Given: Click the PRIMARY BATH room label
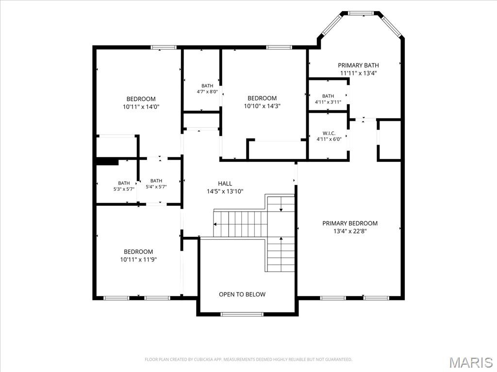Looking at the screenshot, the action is [x=358, y=65].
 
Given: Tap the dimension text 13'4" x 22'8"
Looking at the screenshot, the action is [x=350, y=231].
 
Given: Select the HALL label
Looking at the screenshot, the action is [x=225, y=184].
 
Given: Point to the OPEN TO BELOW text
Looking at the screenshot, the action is [x=242, y=294].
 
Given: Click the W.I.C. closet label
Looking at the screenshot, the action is [x=329, y=134].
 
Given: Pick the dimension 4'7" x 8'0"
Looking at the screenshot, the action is [x=207, y=92].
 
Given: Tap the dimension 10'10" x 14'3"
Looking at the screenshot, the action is [x=262, y=106].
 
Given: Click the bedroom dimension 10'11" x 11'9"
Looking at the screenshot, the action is [x=138, y=260].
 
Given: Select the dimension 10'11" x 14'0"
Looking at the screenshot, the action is [x=141, y=107].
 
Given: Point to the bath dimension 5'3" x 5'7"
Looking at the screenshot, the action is [x=124, y=189].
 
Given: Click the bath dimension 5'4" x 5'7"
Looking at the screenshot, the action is [x=156, y=186].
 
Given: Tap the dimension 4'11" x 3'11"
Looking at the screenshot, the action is [x=328, y=102].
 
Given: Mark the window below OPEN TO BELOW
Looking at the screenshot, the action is [x=242, y=314].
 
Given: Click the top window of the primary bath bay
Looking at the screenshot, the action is [x=361, y=13].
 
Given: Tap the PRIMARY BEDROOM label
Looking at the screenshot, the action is [x=350, y=223].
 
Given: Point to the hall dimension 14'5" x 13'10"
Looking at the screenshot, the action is [x=225, y=191].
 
